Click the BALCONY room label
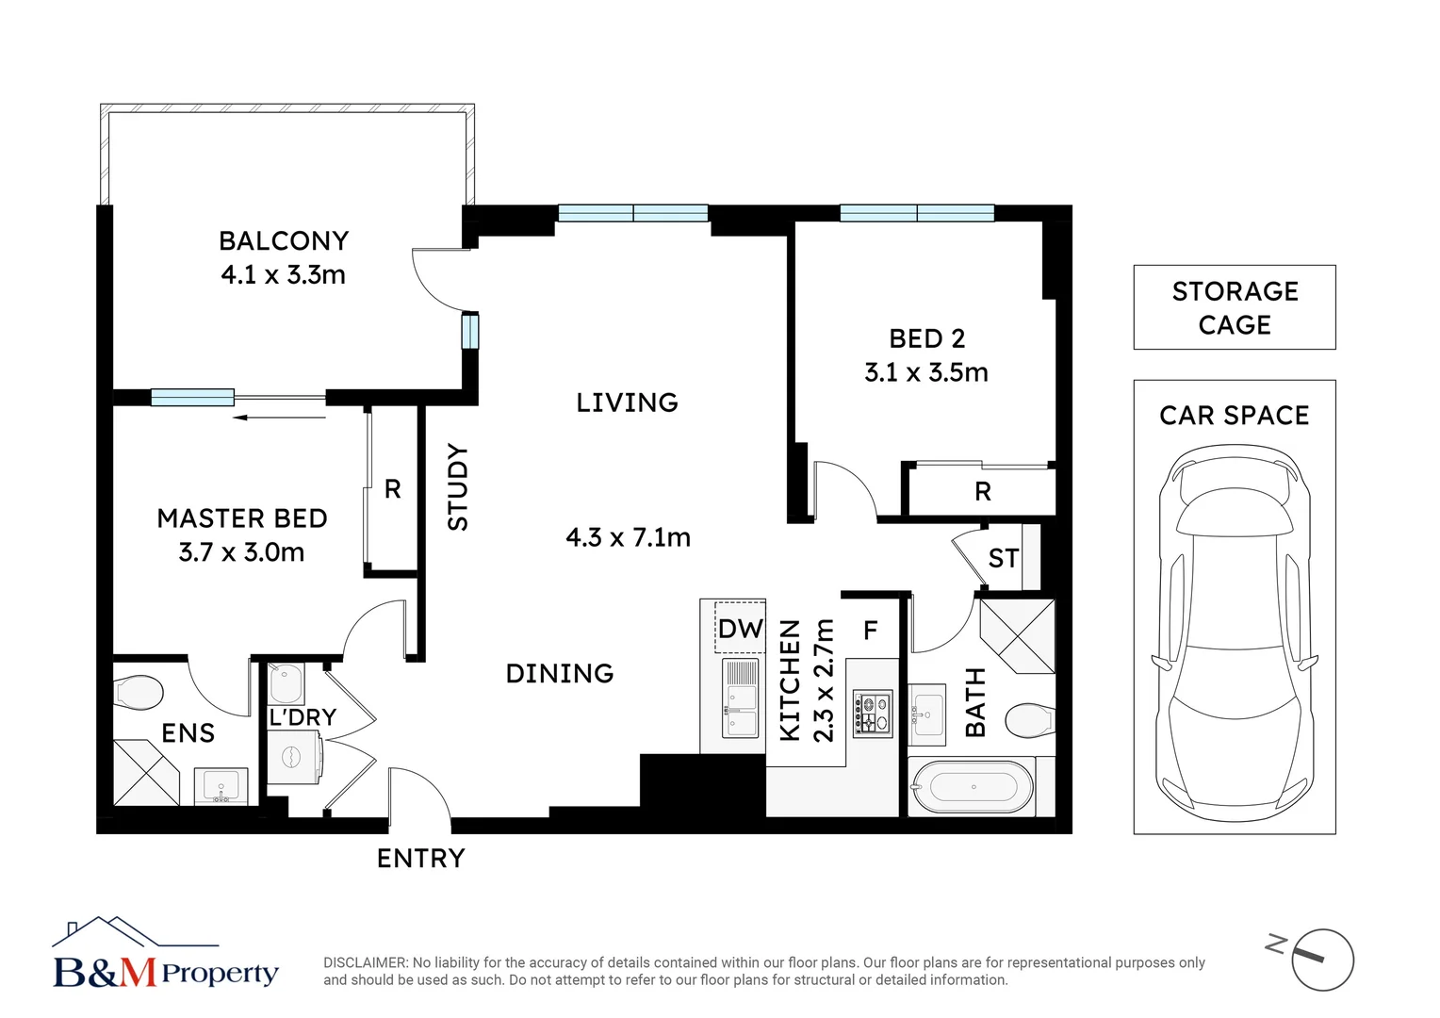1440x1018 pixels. click(284, 241)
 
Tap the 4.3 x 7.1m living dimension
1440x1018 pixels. click(628, 537)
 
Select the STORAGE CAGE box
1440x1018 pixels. click(1235, 307)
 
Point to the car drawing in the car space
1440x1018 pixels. click(1235, 632)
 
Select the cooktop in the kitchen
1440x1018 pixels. click(873, 714)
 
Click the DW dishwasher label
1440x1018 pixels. click(741, 629)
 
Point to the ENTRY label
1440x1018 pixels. click(421, 859)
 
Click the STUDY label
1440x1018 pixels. click(458, 486)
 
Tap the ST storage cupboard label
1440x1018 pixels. click(1004, 558)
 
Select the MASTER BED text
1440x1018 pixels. click(242, 518)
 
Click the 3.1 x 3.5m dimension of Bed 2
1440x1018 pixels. click(926, 372)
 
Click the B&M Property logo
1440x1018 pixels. click(165, 954)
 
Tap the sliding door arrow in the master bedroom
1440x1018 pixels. click(279, 418)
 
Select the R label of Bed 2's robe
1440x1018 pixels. click(982, 492)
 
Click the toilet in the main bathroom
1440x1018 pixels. click(1030, 721)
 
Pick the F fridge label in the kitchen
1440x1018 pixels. click(871, 631)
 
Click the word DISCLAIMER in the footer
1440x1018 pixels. click(365, 962)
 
